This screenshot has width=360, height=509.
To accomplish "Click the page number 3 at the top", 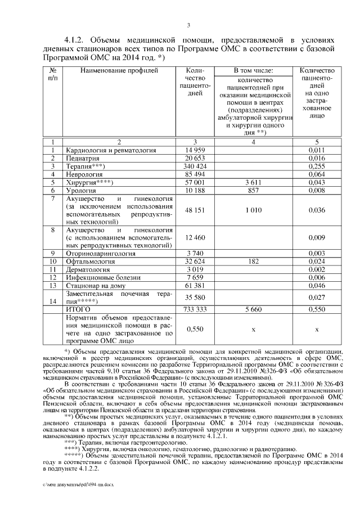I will click(189, 25).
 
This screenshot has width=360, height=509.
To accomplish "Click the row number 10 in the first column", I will click(52, 262).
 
